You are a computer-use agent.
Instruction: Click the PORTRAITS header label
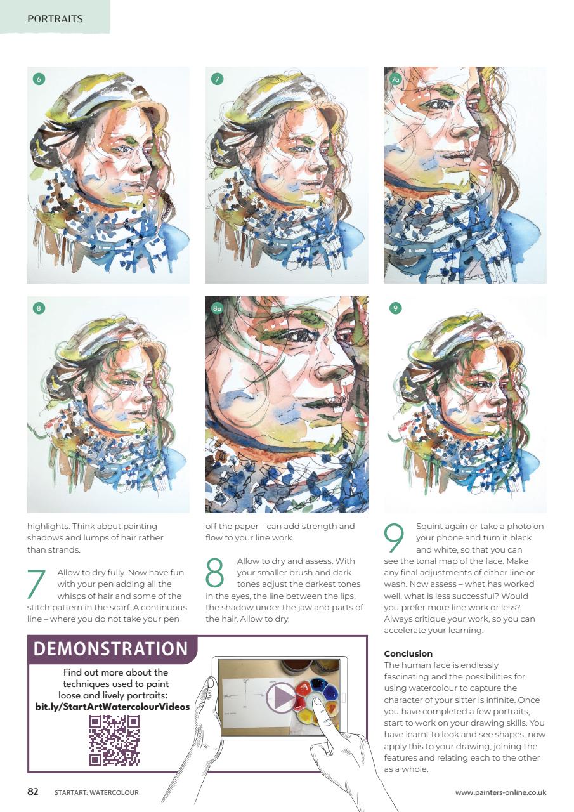(x=55, y=19)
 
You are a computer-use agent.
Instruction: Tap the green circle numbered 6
(x=39, y=79)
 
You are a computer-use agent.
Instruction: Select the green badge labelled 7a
(x=395, y=79)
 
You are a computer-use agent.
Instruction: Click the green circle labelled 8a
(x=217, y=308)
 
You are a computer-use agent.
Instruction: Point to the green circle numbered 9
(x=395, y=308)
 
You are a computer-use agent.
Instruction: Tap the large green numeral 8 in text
(x=216, y=572)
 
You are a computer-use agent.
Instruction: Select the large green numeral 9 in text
(x=395, y=538)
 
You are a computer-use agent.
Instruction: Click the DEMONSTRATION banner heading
(x=111, y=649)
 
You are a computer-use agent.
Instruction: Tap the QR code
(x=114, y=740)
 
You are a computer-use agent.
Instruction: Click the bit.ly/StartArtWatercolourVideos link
(x=112, y=706)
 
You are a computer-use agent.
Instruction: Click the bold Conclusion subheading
(x=408, y=653)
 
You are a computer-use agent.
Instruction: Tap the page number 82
(x=33, y=792)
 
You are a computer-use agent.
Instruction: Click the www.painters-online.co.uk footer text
(x=500, y=792)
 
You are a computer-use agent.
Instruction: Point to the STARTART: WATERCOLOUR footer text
(x=96, y=792)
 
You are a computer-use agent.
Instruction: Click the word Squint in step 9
(x=427, y=527)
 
